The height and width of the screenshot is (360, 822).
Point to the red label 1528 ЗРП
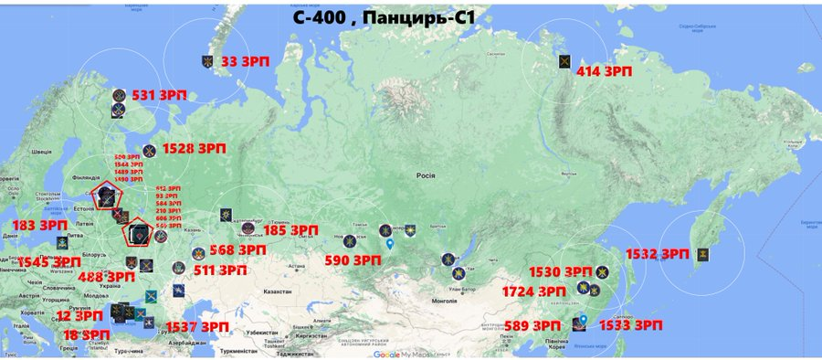pos(193,148)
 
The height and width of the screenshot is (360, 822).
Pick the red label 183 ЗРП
pos(39,225)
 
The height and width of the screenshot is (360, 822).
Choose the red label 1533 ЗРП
pos(629,325)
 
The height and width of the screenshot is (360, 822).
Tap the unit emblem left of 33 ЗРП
pos(208,62)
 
